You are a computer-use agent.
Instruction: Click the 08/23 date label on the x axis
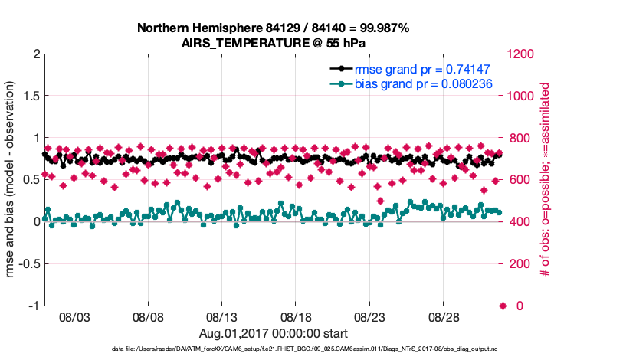[370, 316]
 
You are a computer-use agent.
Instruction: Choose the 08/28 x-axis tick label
[444, 316]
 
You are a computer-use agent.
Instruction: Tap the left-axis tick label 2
[36, 54]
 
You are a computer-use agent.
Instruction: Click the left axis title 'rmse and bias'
[12, 180]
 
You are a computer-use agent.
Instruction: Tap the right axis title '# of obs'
[545, 180]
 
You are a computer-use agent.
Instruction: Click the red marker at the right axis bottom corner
[503, 306]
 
